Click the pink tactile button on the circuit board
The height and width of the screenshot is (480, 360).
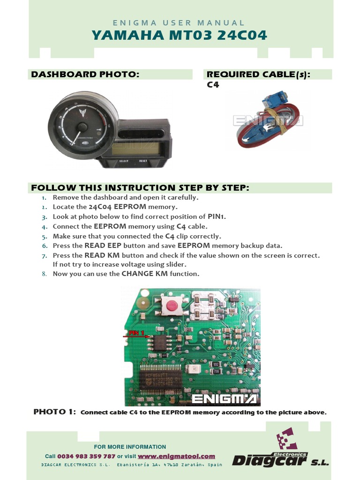(172, 306)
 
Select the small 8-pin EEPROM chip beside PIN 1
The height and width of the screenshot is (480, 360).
(160, 343)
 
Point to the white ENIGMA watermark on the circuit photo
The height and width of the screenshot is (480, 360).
(224, 399)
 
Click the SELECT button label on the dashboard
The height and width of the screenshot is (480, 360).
(124, 161)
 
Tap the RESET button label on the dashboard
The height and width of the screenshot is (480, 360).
(143, 161)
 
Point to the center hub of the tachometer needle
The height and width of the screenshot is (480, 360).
(82, 127)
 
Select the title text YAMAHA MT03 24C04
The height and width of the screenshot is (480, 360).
(180, 35)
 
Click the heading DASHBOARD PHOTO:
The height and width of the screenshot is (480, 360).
(85, 75)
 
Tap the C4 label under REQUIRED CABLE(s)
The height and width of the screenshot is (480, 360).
(213, 85)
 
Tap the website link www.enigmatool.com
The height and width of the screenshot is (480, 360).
(176, 456)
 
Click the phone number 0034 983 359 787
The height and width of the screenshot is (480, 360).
(86, 456)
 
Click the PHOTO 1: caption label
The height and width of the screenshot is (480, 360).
(54, 412)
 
